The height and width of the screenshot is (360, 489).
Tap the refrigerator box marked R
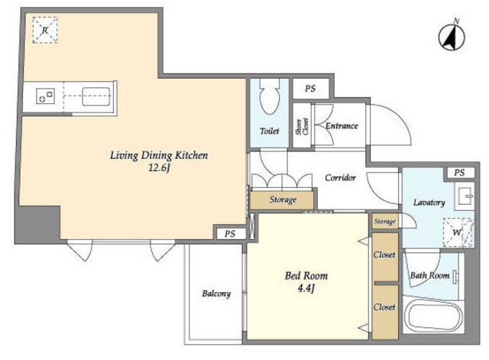(45, 30)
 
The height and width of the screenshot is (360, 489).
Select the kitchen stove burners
(46, 96)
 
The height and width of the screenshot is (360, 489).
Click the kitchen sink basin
(96, 96)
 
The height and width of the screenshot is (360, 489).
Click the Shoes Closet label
(302, 126)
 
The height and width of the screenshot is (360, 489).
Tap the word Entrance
(342, 125)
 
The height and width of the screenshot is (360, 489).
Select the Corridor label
(340, 177)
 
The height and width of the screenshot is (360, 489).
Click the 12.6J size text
(159, 168)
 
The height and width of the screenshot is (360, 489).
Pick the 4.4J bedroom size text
(306, 288)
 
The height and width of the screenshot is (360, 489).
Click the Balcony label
(216, 294)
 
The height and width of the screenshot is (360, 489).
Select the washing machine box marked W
(458, 232)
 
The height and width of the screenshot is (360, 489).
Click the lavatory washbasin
(465, 196)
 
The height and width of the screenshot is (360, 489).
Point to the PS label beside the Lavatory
(459, 173)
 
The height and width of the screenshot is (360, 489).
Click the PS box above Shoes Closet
(310, 89)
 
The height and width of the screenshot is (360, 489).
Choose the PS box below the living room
(230, 234)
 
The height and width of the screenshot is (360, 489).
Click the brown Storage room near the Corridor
(282, 200)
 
